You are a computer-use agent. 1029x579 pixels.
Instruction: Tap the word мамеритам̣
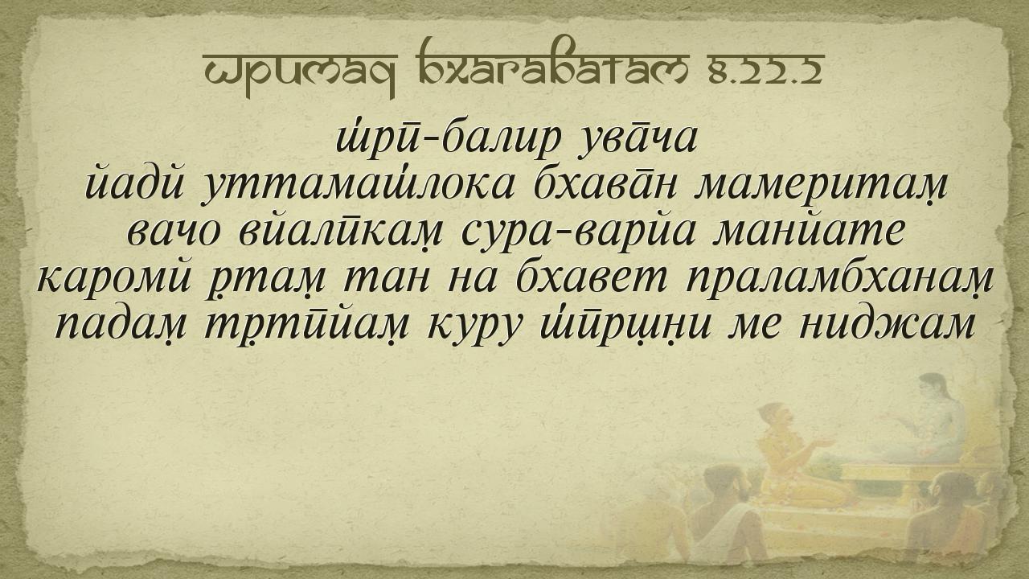pyautogui.click(x=822, y=186)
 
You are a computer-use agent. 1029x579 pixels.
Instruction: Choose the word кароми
pyautogui.click(x=113, y=277)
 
